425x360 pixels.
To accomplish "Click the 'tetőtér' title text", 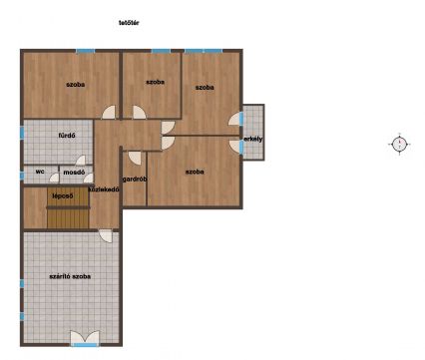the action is click(129, 23).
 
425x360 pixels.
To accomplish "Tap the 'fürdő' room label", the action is click(67, 136).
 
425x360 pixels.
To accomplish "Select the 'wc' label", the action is click(40, 172).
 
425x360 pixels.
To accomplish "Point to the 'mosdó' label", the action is click(74, 173).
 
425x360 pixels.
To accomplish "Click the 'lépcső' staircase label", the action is click(63, 195).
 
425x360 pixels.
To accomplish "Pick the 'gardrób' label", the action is click(135, 180).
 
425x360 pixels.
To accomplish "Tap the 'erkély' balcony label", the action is click(253, 139).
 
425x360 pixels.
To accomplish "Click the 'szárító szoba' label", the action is click(70, 276).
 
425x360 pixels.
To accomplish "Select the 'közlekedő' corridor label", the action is click(104, 189).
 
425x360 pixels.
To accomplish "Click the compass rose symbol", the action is click(399, 145).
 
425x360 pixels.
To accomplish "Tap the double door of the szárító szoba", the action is click(85, 337).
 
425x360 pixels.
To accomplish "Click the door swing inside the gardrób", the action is click(135, 158).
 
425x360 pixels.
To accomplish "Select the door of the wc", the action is click(55, 178).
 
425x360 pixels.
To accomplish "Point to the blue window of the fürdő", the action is click(22, 133).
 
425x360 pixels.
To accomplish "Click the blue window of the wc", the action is click(22, 176).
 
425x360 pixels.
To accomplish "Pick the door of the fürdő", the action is click(81, 161).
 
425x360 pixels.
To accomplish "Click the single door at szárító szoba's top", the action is click(106, 236).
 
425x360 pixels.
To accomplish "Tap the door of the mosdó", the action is click(89, 178).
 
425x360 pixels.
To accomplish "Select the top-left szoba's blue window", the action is click(86, 51).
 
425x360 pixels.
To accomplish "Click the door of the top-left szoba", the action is click(109, 112).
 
